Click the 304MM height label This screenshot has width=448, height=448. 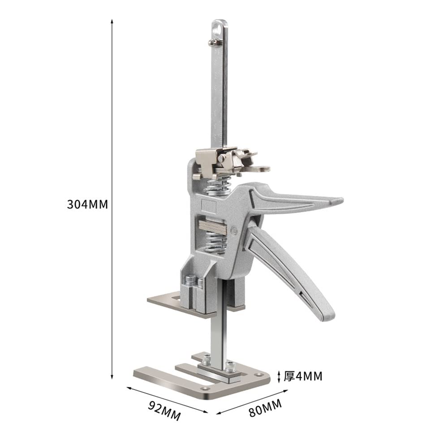click(87, 204)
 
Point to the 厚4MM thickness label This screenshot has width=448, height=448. click(303, 376)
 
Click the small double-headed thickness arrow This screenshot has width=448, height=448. click(279, 376)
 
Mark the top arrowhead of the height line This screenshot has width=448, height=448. click(112, 21)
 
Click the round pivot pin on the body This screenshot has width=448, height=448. click(234, 231)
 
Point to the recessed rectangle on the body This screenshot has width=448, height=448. click(209, 206)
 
